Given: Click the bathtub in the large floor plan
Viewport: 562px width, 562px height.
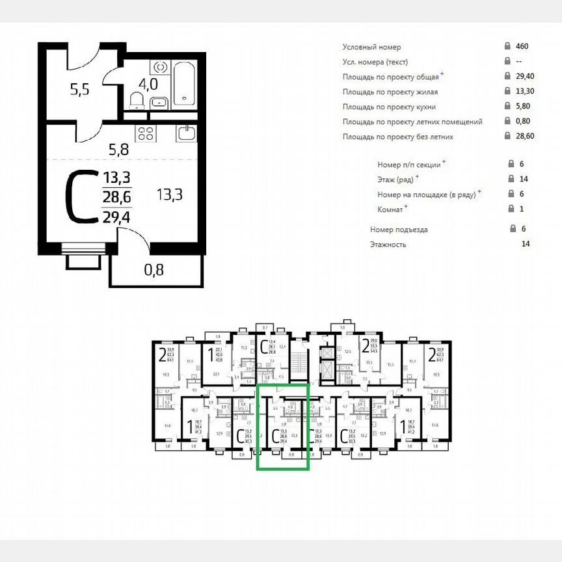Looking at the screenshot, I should tap(186, 83).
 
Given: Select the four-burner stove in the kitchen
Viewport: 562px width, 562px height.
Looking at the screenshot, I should tap(144, 134).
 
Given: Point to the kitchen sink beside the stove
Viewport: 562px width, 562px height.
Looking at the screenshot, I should tap(186, 133).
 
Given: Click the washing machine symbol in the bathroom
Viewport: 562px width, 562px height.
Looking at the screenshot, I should tap(159, 68).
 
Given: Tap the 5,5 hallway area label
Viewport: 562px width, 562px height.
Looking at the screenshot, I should tap(79, 89).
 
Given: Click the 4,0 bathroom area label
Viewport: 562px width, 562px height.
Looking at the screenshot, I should tap(148, 84).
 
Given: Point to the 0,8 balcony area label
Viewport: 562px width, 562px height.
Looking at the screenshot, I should tap(154, 269).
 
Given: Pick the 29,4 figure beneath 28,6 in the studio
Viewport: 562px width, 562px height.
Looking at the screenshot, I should tap(116, 217).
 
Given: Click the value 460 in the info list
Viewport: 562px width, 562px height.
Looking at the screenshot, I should tap(522, 47).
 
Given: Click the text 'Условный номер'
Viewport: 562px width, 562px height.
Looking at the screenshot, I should tap(371, 47).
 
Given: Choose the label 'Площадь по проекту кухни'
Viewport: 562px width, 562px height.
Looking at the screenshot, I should tap(389, 107).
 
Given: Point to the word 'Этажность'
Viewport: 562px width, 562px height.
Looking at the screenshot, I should tap(388, 245).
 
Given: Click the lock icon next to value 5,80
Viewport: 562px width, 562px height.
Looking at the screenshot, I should tap(507, 107).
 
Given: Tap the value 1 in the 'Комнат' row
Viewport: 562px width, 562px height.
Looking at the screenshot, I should tap(522, 209).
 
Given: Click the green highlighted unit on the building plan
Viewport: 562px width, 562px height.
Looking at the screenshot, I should tap(283, 426).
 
